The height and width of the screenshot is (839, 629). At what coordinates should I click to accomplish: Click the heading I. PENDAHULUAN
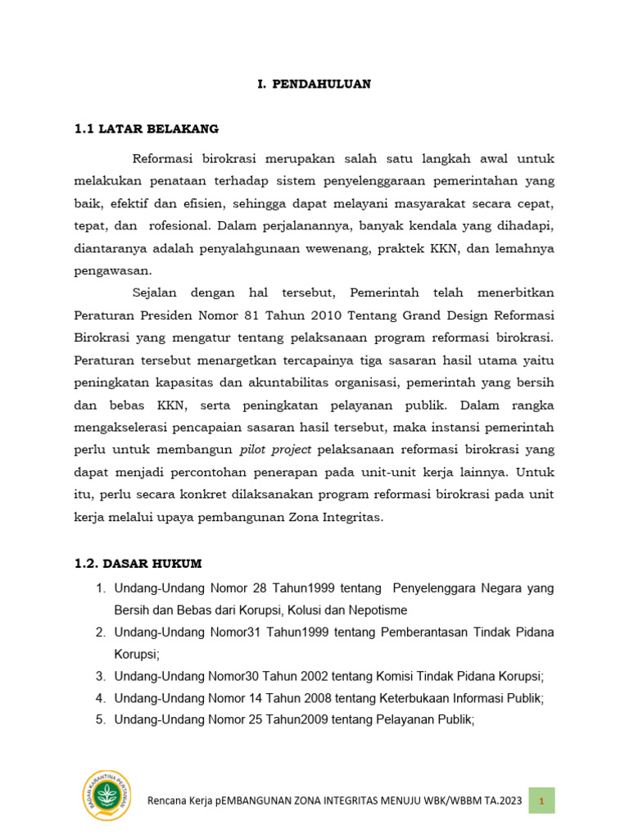[310, 84]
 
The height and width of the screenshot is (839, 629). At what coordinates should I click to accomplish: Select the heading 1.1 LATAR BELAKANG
[147, 129]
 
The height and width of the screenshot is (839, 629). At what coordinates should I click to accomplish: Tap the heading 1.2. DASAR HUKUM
[138, 563]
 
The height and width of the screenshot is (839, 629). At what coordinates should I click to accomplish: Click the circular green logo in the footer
[106, 796]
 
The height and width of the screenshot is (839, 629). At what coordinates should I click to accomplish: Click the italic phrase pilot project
[275, 449]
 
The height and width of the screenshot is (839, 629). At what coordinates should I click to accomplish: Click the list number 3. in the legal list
[100, 676]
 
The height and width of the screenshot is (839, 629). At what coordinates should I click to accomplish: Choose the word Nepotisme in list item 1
[372, 610]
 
